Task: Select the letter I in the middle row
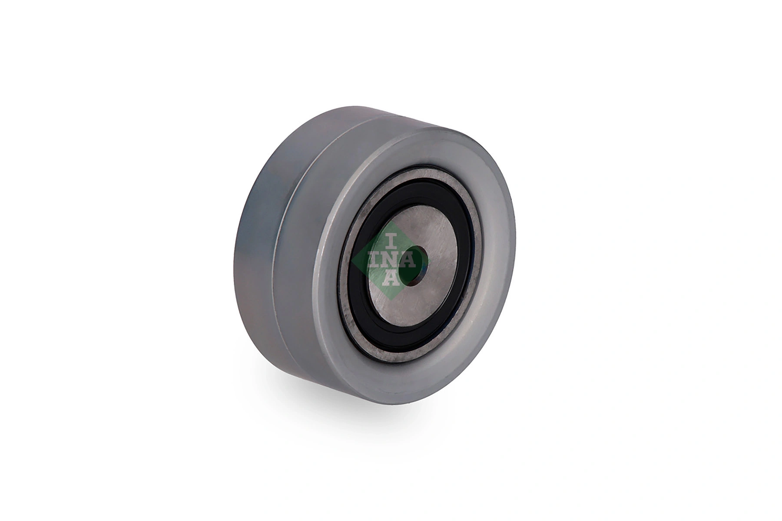(374, 260)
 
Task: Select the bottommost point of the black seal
(406, 342)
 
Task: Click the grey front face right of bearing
(495, 260)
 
